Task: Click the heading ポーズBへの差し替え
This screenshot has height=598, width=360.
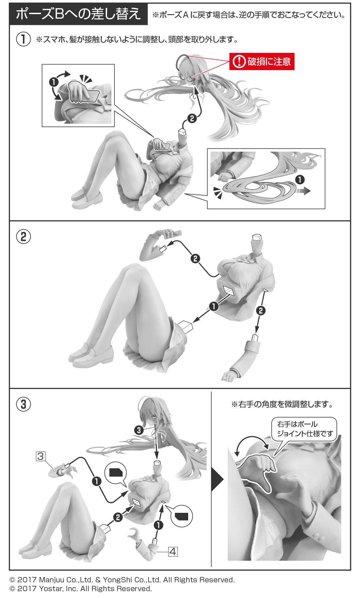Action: (x=79, y=14)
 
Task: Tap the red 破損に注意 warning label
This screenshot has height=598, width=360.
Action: (x=262, y=62)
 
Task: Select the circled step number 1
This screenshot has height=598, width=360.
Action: (x=24, y=39)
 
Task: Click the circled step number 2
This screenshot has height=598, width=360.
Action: (x=24, y=236)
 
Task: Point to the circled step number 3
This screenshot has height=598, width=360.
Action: (x=24, y=404)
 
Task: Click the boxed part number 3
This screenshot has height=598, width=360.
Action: (x=40, y=456)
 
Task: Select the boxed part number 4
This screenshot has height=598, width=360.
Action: (x=173, y=552)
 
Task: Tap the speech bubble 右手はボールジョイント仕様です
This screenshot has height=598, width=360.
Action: (x=304, y=429)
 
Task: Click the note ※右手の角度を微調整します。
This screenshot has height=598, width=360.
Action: (x=282, y=404)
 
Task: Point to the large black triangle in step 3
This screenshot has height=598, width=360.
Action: (x=217, y=480)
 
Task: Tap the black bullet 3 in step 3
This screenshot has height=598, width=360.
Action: (x=139, y=430)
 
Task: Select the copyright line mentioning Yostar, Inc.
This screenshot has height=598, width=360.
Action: (x=81, y=589)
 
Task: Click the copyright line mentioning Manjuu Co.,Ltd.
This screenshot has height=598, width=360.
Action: (x=122, y=580)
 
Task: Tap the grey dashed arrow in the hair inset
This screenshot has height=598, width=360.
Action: (x=303, y=191)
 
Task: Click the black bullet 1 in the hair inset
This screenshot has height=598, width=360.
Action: (x=300, y=179)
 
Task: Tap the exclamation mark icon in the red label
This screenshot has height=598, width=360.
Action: (x=239, y=62)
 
